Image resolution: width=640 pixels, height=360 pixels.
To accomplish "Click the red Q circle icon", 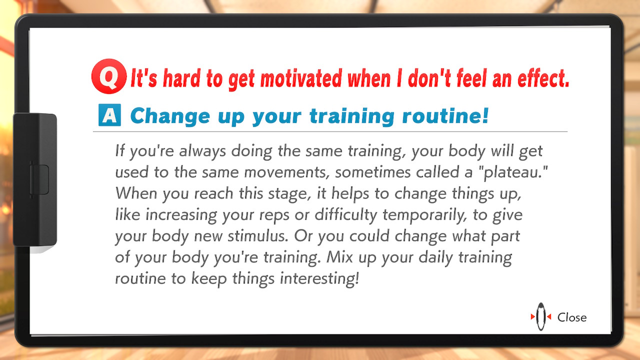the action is (x=109, y=76).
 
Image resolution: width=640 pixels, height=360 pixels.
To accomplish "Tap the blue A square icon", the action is (x=109, y=115).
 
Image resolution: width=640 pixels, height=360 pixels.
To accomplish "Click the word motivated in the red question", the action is (x=301, y=78).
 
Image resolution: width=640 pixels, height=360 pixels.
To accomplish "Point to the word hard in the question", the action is (x=181, y=78).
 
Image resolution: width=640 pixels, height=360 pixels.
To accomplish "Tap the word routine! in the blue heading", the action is (x=445, y=115).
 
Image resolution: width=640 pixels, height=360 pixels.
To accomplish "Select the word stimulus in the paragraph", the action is (x=257, y=236).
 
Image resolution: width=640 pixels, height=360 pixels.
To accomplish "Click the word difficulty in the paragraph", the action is (x=346, y=215).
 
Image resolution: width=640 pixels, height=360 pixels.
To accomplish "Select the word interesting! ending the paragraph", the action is (x=319, y=279).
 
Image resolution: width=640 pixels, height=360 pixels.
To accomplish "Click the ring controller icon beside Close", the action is (x=541, y=317).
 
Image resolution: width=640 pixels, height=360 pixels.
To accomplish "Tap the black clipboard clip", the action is (x=35, y=180).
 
